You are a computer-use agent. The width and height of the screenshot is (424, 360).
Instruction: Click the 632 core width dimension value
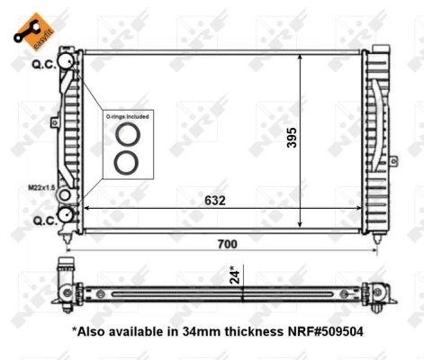213,200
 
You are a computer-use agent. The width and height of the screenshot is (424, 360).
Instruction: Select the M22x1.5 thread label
40,188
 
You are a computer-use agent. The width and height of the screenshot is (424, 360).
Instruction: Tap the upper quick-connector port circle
66,60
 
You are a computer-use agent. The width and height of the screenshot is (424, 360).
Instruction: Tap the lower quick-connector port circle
66,216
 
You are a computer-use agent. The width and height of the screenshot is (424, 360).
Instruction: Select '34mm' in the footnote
196,330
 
